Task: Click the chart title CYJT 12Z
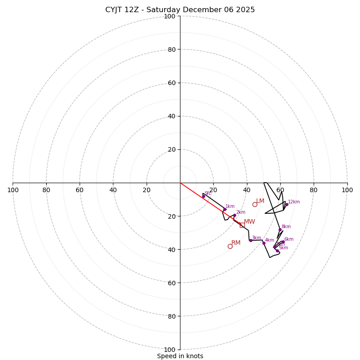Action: (180, 10)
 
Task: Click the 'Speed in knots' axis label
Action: (180, 356)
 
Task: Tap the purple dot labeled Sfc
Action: (203, 196)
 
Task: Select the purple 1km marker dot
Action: (225, 209)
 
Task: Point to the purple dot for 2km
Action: (234, 215)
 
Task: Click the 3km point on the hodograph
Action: (251, 240)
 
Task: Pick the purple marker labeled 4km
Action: (264, 243)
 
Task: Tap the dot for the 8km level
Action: (280, 229)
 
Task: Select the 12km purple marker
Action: (287, 204)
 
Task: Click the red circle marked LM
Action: (255, 204)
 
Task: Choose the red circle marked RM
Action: (230, 246)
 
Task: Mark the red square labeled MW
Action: (242, 225)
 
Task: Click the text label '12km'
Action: (294, 202)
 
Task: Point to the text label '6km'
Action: (289, 239)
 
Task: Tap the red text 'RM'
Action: (236, 243)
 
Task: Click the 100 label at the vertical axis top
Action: (170, 16)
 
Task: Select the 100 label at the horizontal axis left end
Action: (13, 190)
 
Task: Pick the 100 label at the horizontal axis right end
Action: (347, 190)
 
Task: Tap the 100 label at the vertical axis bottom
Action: (170, 350)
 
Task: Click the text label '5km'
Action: (283, 248)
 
